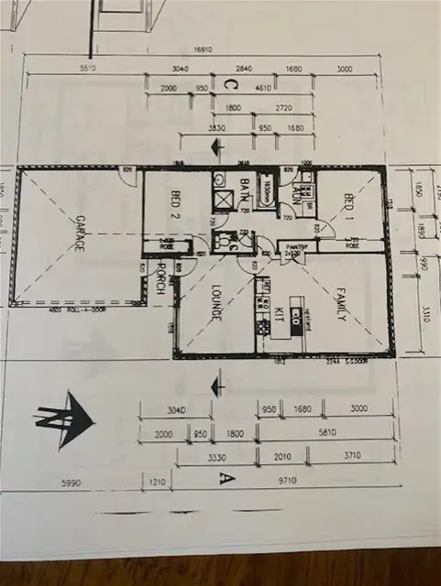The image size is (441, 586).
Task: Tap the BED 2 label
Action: click(173, 204)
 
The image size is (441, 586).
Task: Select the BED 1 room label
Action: click(349, 209)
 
